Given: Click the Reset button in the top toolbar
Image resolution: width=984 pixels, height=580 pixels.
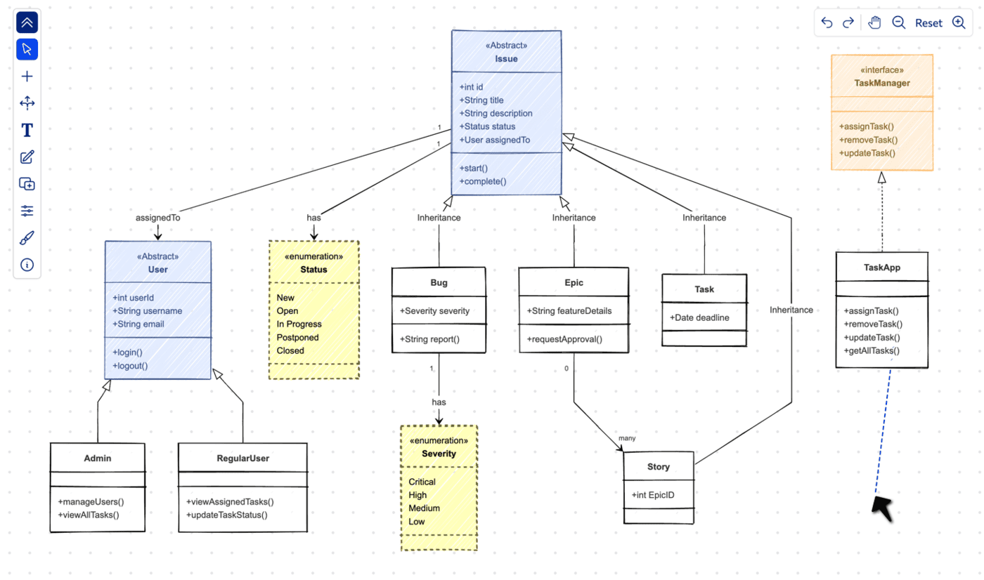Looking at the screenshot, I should pos(928,23).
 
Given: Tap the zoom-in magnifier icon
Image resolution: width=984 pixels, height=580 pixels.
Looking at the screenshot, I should pos(959,22).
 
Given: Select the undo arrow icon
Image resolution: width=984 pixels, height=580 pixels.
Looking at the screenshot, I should pos(827,23).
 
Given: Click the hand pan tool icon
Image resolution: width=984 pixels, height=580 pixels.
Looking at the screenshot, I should pos(874,22).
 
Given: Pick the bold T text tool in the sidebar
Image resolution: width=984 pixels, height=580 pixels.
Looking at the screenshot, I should pos(27,131).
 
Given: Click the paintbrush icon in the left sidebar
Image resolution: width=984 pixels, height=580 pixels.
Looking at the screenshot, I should pos(27,238).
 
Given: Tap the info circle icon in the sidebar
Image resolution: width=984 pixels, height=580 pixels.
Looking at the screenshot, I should pos(27,265).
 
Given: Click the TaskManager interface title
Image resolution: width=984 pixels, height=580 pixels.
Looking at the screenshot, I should pos(881,83).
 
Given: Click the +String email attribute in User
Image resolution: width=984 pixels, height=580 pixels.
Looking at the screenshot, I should pos(138,324).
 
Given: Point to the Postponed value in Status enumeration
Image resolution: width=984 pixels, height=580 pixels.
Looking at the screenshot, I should pos(297,338).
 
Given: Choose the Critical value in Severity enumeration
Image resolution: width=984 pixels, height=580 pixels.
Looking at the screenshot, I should pos(422,482).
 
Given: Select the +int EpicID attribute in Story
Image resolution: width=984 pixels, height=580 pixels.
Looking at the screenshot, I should pos(653,495).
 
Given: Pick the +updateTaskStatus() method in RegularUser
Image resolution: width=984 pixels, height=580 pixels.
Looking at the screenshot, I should pos(227,515).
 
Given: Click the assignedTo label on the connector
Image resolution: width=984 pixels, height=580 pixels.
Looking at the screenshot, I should pos(157,218).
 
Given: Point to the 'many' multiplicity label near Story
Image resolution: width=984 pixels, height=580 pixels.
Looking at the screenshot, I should pos(626,439).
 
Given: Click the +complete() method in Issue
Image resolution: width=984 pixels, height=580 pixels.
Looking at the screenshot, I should pos(483,181).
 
